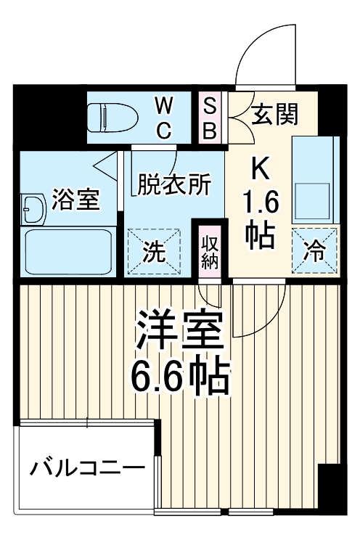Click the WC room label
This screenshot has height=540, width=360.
coord(164,118)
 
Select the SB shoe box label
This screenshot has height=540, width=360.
coord(209,118)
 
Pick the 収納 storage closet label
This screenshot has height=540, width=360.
coord(210,251)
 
